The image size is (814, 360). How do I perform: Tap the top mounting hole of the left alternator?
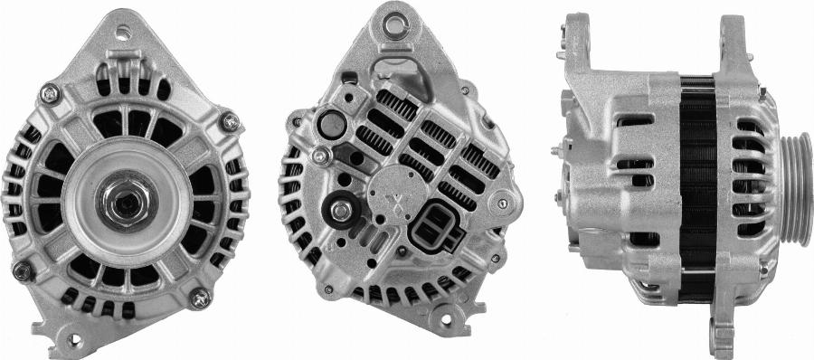click(x=124, y=32)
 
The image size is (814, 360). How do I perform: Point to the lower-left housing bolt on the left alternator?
click(x=24, y=270)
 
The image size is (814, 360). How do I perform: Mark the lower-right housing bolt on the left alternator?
click(x=198, y=297)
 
